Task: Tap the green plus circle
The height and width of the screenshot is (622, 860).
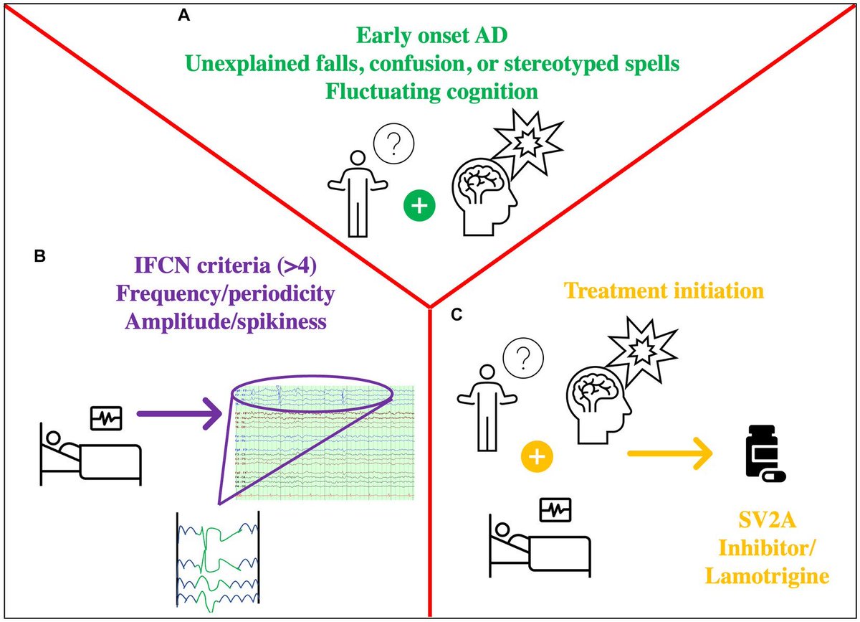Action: pyautogui.click(x=420, y=205)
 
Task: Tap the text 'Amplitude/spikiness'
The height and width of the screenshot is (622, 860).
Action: pyautogui.click(x=226, y=321)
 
